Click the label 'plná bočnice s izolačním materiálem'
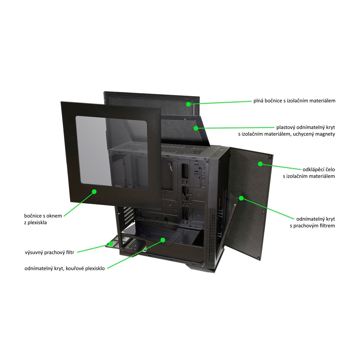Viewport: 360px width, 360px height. (294, 101)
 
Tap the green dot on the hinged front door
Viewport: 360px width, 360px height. (261, 164)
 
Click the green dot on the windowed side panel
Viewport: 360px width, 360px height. (94, 192)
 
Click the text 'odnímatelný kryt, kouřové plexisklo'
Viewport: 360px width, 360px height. (64, 269)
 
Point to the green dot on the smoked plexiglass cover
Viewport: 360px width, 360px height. (163, 240)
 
